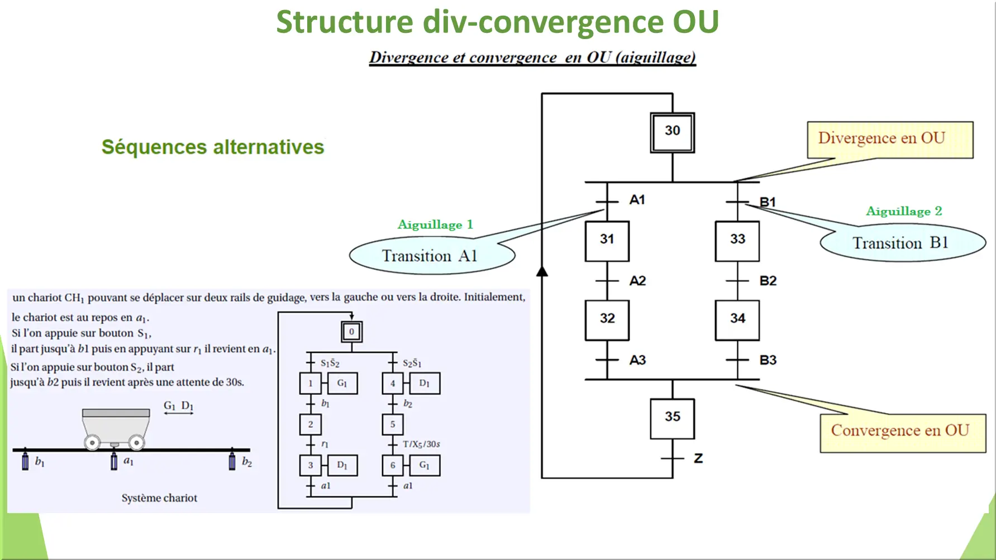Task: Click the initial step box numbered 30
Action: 672,132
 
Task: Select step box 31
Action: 607,241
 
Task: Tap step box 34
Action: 737,320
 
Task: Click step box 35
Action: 672,418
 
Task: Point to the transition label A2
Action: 637,281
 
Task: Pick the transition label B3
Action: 768,360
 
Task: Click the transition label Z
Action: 698,458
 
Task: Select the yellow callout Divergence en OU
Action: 889,139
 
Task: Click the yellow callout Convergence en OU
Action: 902,432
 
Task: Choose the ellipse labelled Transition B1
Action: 902,243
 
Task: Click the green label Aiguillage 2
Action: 903,211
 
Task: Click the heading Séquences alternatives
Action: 212,147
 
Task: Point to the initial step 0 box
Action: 351,332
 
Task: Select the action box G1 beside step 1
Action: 342,384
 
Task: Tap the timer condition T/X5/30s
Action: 421,444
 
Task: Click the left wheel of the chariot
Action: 92,443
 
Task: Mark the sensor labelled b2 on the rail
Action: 232,461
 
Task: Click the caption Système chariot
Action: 159,498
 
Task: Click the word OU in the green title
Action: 695,22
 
